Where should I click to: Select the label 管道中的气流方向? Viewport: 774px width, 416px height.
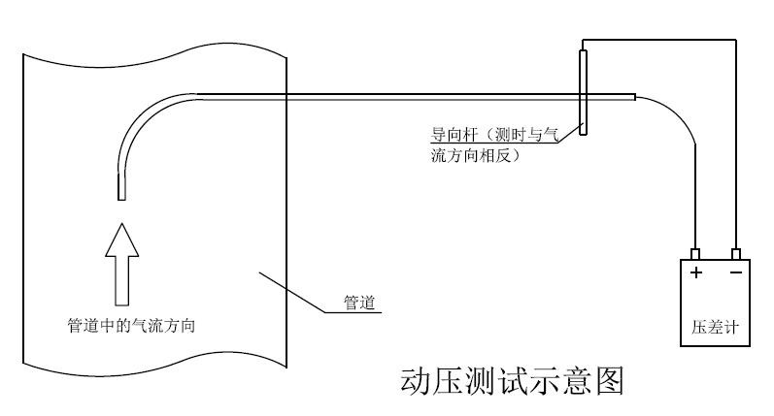131,325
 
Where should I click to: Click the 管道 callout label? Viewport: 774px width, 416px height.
360,303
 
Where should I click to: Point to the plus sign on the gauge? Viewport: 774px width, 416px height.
696,272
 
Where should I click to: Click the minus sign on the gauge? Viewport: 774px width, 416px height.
736,272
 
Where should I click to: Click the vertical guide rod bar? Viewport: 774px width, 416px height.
583,92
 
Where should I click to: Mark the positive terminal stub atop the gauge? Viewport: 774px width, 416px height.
696,253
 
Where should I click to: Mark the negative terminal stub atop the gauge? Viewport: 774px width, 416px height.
736,253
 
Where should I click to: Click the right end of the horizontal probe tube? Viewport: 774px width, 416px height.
633,96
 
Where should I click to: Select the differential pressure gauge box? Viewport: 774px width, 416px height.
716,302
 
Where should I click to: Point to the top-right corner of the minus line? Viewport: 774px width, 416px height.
736,40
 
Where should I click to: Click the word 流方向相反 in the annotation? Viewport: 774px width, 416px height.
476,155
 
